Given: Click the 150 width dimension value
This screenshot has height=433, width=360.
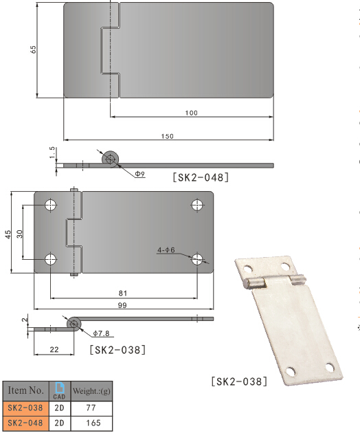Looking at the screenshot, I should pos(168,137).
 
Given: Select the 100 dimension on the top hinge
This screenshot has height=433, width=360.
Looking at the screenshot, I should pos(192,113).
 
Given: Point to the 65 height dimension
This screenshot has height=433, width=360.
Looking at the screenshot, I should pos(33,49).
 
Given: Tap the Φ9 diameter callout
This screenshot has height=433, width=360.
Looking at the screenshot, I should pos(139,175).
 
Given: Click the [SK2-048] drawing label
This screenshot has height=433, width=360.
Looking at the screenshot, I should pos(201,177).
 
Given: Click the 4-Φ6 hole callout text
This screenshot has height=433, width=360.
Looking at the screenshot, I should pos(166,251).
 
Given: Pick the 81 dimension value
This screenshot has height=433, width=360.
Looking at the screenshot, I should pos(123,293).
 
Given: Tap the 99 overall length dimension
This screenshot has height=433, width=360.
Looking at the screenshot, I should pos(123,304).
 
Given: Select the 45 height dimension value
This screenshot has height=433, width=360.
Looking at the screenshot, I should pos(8,234).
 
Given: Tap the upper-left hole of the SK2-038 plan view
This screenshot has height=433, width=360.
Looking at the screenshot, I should pos(50,205).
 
